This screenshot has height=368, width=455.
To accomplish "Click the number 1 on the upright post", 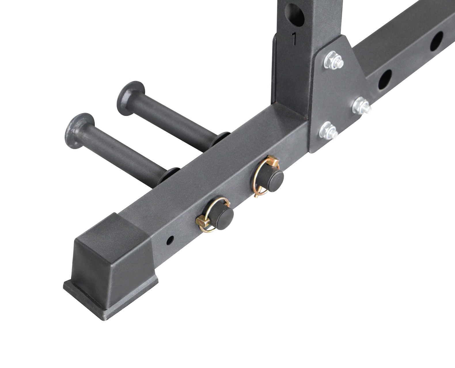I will coord(294,39).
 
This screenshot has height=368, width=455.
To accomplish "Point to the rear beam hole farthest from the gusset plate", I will coord(437,41).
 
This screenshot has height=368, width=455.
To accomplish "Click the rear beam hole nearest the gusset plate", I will coord(385,79).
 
